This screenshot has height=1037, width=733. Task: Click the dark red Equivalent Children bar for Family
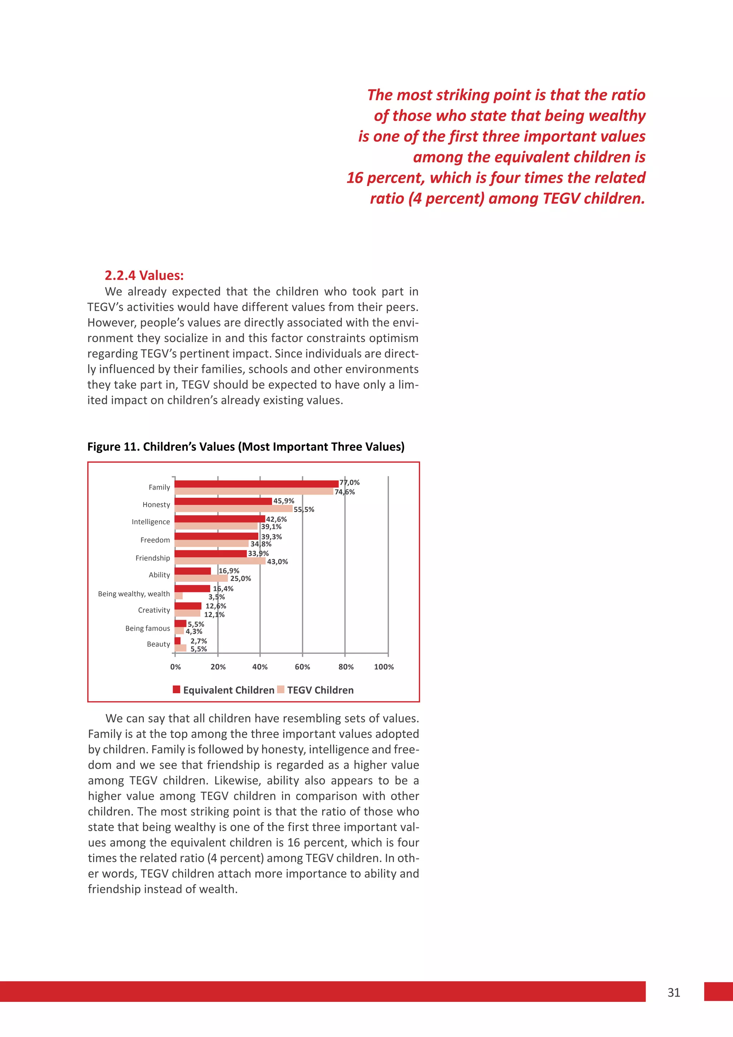(256, 484)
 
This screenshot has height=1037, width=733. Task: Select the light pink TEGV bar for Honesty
(233, 508)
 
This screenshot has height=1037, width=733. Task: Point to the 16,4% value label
(223, 589)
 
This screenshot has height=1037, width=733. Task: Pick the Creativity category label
(154, 610)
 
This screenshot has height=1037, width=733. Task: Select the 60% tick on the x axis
(302, 667)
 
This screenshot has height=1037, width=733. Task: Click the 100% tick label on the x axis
(384, 667)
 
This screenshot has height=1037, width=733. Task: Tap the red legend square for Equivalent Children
(176, 690)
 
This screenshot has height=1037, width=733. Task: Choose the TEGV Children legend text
(320, 690)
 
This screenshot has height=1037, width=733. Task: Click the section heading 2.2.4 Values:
(144, 275)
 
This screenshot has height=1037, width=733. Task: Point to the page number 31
(674, 992)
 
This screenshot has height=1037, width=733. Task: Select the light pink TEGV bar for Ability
(201, 578)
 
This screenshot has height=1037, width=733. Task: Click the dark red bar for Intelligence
(219, 518)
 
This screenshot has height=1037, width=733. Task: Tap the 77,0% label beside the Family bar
(349, 482)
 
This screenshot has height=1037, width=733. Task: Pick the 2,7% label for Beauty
(199, 641)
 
